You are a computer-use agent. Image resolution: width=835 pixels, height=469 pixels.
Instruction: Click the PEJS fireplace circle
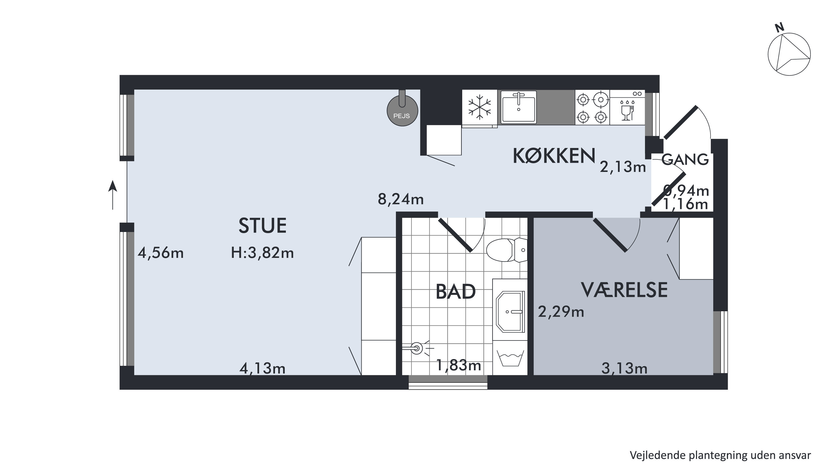click(x=402, y=111)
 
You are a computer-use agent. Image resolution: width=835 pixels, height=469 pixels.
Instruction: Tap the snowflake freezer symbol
click(x=479, y=107)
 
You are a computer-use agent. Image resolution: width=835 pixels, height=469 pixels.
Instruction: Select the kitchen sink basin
click(x=518, y=107)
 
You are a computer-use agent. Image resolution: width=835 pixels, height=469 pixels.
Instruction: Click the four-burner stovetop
click(x=592, y=107)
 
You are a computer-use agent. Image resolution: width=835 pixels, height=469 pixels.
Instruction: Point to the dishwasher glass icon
click(x=627, y=111)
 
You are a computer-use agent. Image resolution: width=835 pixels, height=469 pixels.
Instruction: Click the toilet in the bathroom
click(x=507, y=250)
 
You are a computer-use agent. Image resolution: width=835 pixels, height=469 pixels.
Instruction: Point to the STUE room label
click(x=262, y=226)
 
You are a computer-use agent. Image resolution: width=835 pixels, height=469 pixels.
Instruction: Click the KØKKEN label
click(x=554, y=156)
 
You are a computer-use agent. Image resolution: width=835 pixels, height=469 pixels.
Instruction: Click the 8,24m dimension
click(x=401, y=199)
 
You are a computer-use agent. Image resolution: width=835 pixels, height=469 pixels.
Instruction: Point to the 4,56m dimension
click(x=160, y=253)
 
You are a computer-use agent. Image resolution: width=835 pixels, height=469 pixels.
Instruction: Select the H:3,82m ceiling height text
click(x=262, y=253)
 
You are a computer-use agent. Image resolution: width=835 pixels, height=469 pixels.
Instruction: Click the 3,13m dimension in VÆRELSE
click(x=624, y=368)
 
